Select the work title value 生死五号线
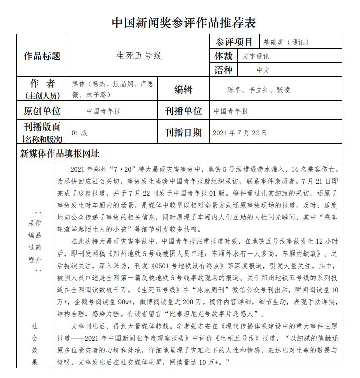[139, 56]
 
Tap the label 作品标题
[42, 56]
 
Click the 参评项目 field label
[234, 42]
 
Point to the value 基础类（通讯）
[286, 42]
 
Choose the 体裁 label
[224, 56]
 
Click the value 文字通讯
[256, 56]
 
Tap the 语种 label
[224, 70]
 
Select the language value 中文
[263, 70]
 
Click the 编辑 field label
[183, 90]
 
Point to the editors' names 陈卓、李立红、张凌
[259, 90]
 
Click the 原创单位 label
[42, 111]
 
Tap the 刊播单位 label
[183, 111]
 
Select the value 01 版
[80, 133]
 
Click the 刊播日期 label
[183, 133]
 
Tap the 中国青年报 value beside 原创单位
[103, 111]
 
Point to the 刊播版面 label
[42, 127]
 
